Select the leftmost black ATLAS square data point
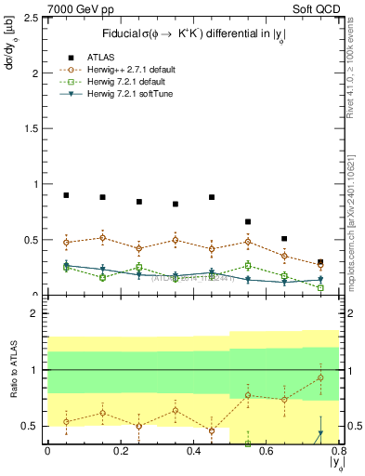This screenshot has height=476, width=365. coord(66,195)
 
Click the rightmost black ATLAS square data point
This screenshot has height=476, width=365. coord(320,262)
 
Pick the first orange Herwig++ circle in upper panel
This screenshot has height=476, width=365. coord(66,243)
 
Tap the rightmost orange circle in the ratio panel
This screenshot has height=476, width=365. coord(320,377)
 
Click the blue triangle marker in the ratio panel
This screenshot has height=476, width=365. coord(320,433)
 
